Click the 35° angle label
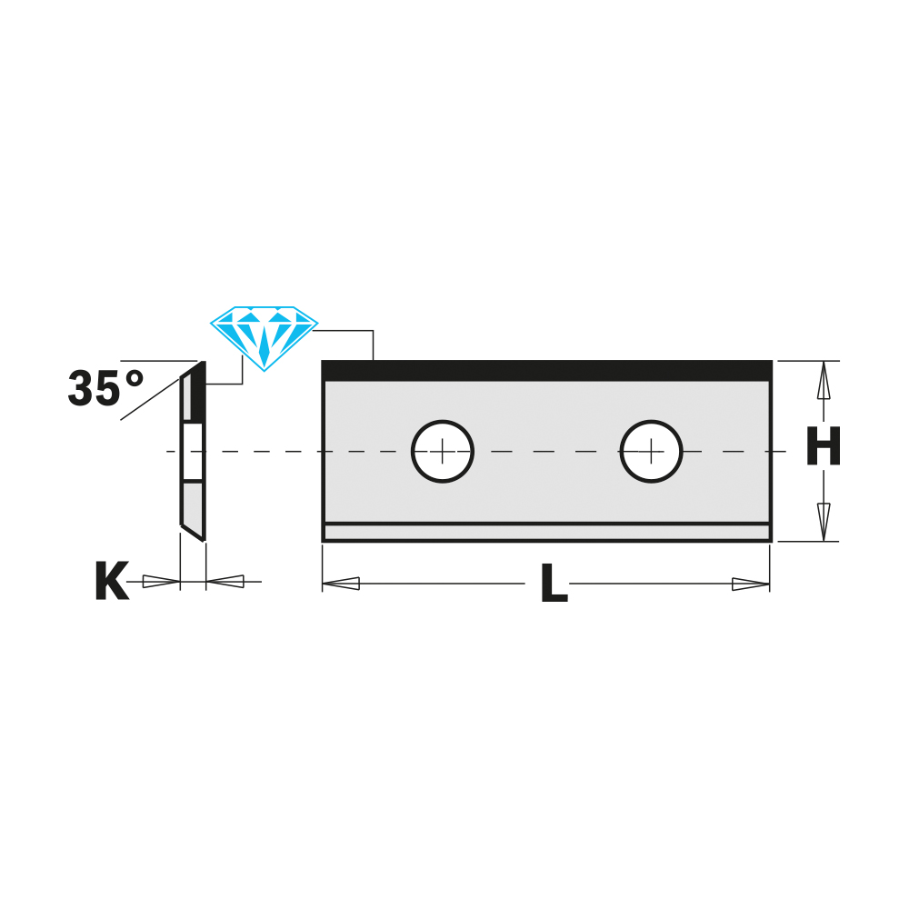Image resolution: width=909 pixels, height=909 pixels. (x=105, y=389)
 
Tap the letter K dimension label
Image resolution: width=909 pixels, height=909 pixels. (x=111, y=583)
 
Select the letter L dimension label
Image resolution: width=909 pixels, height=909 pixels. (x=554, y=584)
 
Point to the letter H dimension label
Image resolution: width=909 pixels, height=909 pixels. (x=824, y=448)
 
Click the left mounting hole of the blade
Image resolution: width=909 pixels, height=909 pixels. (x=443, y=451)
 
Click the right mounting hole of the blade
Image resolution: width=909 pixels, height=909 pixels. (x=651, y=451)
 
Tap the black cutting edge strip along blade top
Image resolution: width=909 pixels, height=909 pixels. (x=546, y=371)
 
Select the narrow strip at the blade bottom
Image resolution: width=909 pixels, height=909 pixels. (x=546, y=532)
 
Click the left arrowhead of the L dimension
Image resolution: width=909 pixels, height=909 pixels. (x=342, y=584)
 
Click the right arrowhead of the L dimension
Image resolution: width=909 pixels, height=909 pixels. (x=750, y=584)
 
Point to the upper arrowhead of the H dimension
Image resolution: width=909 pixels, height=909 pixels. (x=824, y=382)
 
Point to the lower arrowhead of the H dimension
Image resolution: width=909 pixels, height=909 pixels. (x=824, y=520)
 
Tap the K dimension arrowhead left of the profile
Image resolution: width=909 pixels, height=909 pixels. (x=161, y=582)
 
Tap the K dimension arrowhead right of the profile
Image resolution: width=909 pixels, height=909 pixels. (x=225, y=581)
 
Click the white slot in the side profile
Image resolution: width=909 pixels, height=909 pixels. (x=193, y=451)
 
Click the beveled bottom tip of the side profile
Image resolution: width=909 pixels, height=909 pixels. (x=192, y=529)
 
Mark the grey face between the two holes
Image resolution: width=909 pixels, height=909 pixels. (x=546, y=482)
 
